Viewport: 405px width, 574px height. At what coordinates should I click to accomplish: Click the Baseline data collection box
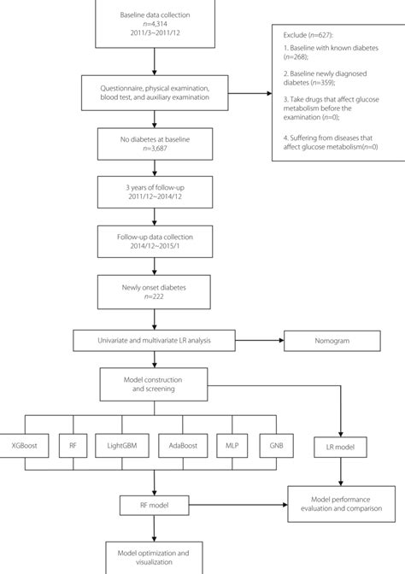tap(154, 24)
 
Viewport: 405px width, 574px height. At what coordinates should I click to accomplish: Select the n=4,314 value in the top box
tap(154, 25)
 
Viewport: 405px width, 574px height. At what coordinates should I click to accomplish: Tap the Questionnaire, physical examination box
tap(154, 89)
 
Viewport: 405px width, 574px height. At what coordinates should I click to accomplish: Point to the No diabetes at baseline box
tap(154, 143)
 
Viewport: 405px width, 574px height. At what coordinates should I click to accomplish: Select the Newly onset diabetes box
tap(154, 292)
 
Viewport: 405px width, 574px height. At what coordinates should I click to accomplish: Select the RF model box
tap(154, 505)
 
